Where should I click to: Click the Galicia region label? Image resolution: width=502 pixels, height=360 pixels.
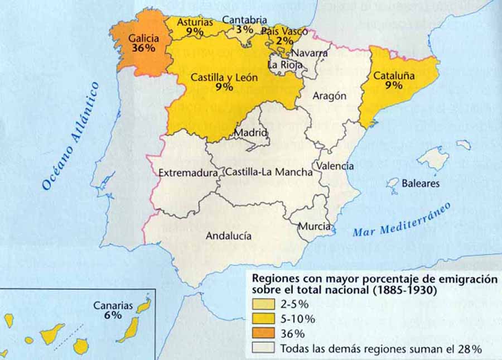click(144, 39)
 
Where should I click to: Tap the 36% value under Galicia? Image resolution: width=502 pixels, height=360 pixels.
click(143, 49)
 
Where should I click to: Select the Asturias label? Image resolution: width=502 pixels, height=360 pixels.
click(195, 22)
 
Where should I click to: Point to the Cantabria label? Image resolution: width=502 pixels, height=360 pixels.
click(244, 20)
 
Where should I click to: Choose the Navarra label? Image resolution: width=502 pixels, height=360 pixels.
click(310, 53)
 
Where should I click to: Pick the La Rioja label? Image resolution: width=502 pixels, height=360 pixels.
click(284, 64)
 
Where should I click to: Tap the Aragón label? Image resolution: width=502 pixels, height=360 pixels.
click(329, 95)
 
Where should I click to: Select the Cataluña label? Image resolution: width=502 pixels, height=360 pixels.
click(394, 76)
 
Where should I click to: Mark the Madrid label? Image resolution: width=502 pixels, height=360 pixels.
click(251, 133)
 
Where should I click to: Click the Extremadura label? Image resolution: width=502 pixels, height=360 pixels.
click(188, 173)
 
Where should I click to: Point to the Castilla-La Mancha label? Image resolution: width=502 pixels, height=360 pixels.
click(268, 172)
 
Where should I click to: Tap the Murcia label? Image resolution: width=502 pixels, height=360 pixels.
click(314, 227)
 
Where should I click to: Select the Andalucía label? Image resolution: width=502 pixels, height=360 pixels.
click(228, 236)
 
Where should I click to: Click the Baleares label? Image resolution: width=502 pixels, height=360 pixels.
click(421, 183)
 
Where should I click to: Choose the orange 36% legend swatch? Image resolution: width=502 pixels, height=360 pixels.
click(263, 334)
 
